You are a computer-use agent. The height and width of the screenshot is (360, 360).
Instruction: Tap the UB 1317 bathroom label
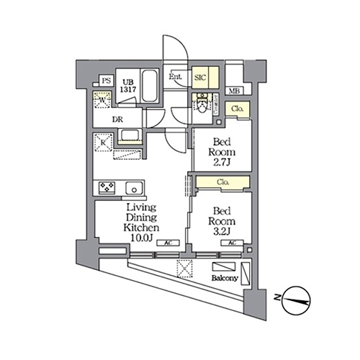point(129,85)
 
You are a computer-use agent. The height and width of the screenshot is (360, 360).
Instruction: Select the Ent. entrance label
point(175,76)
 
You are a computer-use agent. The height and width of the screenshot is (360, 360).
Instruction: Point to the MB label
point(234,91)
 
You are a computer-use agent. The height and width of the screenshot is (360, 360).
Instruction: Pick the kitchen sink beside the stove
point(134,188)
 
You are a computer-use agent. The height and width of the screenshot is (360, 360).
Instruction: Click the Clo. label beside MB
point(237,109)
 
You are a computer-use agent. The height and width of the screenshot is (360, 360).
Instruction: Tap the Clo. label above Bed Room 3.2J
point(222,182)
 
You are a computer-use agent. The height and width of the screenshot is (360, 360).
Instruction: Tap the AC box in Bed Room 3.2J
point(233,243)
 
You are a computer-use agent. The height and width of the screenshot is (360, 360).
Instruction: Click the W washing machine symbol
point(102,102)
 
